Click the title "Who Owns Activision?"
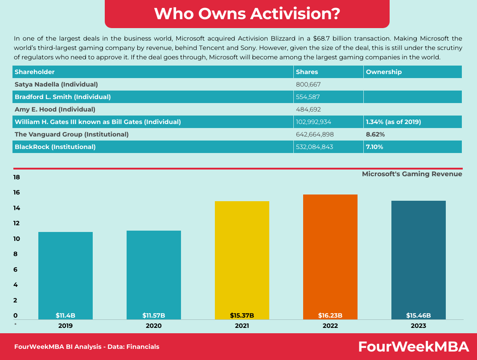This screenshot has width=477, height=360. coord(247,13)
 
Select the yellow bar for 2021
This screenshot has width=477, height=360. coord(242,259)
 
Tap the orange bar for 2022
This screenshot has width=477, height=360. coord(330,257)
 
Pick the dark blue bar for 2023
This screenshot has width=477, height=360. coord(418,259)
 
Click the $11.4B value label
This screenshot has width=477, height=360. coord(66,315)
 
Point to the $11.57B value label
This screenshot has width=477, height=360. coord(154,315)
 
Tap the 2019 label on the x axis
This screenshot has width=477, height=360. coord(66,326)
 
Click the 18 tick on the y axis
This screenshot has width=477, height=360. coord(17,178)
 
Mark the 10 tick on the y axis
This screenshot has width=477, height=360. coord(17,239)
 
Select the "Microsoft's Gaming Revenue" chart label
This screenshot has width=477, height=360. coord(412,174)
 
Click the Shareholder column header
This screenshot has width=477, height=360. coord(35,72)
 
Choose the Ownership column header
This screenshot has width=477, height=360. coord(384,72)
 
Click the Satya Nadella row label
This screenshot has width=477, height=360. coord(56,84)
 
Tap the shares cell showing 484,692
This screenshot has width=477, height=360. coord(308,109)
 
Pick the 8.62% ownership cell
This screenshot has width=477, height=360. coord(375,134)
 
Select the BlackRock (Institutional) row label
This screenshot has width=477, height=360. coord(55,147)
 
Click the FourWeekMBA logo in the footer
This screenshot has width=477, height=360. coord(414,347)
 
